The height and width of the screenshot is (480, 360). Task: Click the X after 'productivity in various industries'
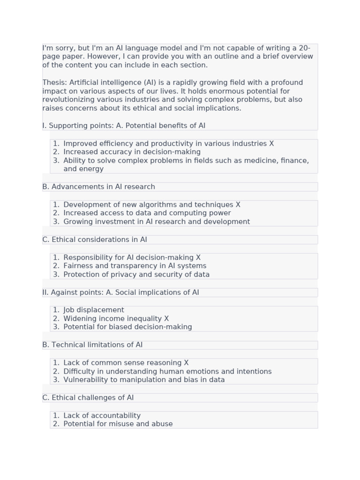271,143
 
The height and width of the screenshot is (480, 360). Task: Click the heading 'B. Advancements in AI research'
98,187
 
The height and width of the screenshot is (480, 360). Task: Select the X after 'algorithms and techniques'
238,204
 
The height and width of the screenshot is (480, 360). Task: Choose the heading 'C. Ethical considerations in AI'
95,240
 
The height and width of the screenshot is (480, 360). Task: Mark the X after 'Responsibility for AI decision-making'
198,257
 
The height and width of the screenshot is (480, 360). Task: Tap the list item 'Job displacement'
94,310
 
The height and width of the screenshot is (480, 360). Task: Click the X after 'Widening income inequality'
166,318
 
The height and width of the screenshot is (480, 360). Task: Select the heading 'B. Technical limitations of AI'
92,345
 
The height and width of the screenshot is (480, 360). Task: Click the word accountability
115,415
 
